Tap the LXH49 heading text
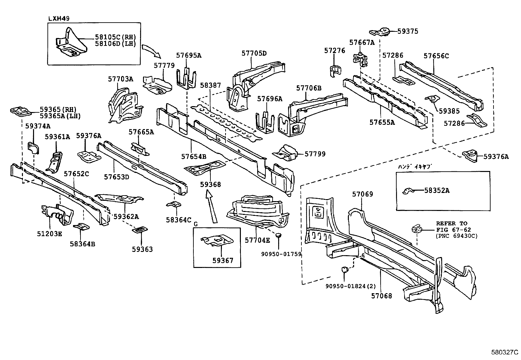pos(59,18)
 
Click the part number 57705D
pos(254,53)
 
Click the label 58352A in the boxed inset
pos(437,190)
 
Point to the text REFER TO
pos(451,223)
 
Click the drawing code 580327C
pos(505,352)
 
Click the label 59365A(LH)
pos(60,116)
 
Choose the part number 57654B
pos(194,157)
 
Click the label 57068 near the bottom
pos(382,296)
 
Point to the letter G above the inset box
pos(196,224)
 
